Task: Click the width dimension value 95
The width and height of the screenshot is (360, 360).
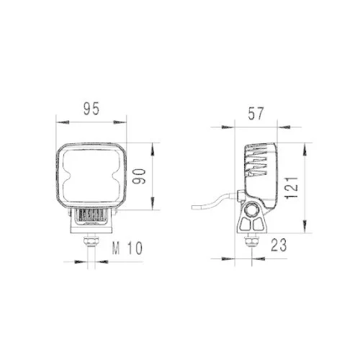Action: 91,109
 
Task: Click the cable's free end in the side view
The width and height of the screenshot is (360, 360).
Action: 192,208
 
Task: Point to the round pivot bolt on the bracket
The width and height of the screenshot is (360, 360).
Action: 253,211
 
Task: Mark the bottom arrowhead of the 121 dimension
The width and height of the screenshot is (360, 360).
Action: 305,230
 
